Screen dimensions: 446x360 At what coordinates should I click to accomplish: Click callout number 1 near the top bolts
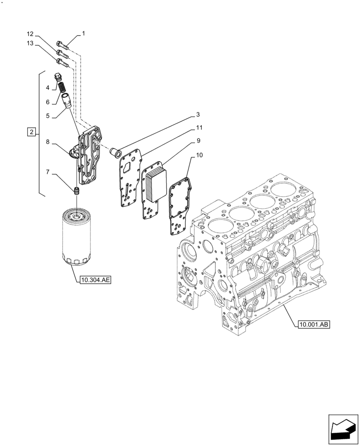pyautogui.click(x=83, y=33)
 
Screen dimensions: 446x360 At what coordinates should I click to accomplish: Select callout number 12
pyautogui.click(x=30, y=34)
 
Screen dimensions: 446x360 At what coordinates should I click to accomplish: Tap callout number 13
pyautogui.click(x=30, y=43)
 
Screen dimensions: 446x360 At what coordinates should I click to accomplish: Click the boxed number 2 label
pyautogui.click(x=31, y=132)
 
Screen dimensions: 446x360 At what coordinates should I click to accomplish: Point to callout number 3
pyautogui.click(x=197, y=115)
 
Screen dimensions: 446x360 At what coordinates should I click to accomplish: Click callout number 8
pyautogui.click(x=47, y=143)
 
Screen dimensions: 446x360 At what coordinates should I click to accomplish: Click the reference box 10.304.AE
pyautogui.click(x=95, y=280)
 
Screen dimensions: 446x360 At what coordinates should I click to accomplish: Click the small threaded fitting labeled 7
pyautogui.click(x=76, y=191)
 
